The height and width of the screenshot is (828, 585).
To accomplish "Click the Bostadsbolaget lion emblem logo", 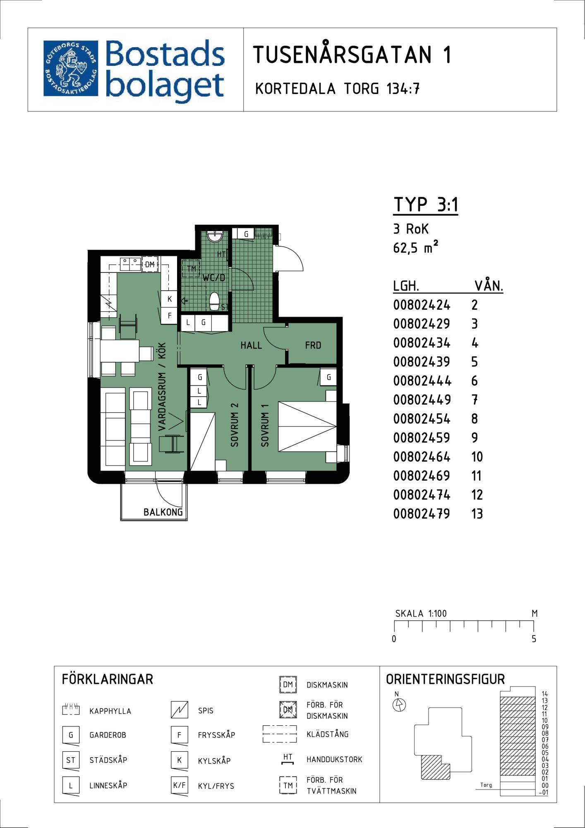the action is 71,68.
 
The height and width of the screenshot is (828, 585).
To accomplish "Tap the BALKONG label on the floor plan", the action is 163,512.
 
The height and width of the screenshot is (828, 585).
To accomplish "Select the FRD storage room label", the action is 313,345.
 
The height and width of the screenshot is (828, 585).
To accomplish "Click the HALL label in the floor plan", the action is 251,345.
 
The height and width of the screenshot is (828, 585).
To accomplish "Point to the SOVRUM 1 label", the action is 265,425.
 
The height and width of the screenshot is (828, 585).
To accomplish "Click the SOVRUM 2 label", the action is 235,424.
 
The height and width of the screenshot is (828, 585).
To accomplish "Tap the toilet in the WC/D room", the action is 214,301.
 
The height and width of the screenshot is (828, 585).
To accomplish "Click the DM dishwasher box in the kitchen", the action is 150,264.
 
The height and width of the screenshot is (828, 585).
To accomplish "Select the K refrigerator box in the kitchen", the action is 169,299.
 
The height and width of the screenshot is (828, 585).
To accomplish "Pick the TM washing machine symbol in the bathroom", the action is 191,268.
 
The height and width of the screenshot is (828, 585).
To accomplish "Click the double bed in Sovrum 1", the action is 307,426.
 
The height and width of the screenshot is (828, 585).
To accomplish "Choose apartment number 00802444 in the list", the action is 422,381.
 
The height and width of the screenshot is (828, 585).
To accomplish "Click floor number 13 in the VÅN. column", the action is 477,514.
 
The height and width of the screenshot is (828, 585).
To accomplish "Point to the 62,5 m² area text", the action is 415,247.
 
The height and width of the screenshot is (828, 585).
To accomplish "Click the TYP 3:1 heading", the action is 426,205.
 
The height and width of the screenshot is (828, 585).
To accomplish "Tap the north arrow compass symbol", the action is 399,704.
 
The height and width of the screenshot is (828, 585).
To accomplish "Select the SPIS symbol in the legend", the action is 180,710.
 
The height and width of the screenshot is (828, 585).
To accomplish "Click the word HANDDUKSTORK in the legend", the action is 334,760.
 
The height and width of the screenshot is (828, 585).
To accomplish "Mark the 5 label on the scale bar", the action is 534,639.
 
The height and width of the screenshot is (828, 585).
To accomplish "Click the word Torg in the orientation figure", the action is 486,785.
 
